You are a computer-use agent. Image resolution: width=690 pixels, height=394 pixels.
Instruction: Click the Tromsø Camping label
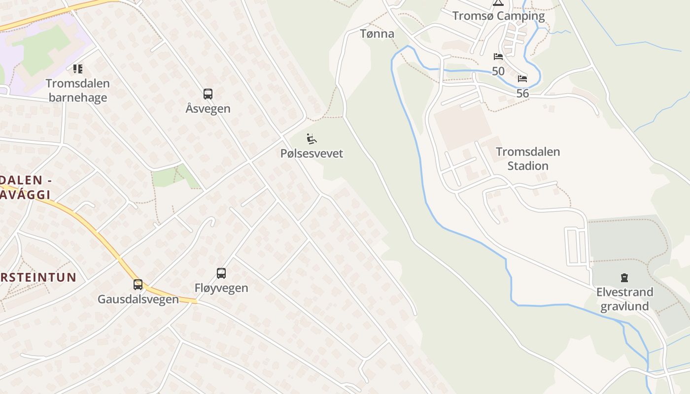coord(498,16)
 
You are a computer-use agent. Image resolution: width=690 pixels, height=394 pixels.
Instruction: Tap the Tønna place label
coord(377,33)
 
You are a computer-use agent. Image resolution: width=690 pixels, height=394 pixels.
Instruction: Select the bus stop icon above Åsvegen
coord(208,94)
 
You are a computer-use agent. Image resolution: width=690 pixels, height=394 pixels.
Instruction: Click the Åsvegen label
coord(208,108)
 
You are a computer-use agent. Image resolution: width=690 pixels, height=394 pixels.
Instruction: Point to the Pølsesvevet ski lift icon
coord(311,139)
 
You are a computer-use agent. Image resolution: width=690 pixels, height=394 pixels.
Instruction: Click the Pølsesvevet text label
coord(311,153)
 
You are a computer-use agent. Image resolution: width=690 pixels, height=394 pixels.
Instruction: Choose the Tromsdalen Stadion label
coord(528,159)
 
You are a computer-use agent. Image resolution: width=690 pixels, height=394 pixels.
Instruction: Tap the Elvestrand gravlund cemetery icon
coord(624,277)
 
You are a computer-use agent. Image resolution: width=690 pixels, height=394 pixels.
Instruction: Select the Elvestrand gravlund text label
coord(624,299)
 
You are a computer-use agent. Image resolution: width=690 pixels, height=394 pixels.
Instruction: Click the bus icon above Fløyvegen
coord(221,273)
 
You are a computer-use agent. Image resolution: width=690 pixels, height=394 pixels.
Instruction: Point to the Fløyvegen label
coord(221,288)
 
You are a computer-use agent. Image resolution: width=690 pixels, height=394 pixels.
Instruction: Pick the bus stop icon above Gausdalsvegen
coord(138,284)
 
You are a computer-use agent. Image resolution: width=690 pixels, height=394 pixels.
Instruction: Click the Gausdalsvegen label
coord(138,299)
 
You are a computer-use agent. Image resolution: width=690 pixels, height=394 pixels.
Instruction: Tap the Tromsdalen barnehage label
coord(78,90)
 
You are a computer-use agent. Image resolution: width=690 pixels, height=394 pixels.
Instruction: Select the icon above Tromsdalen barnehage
coord(78,68)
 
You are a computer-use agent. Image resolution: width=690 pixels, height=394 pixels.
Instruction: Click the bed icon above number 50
coord(498,57)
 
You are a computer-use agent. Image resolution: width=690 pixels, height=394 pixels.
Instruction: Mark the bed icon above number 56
coord(522,79)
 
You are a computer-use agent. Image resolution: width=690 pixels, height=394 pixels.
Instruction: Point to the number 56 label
coord(522,93)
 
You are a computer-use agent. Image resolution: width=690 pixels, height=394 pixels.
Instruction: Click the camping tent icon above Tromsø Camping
coord(498,2)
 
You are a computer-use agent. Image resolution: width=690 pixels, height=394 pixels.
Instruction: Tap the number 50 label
coord(498,71)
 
